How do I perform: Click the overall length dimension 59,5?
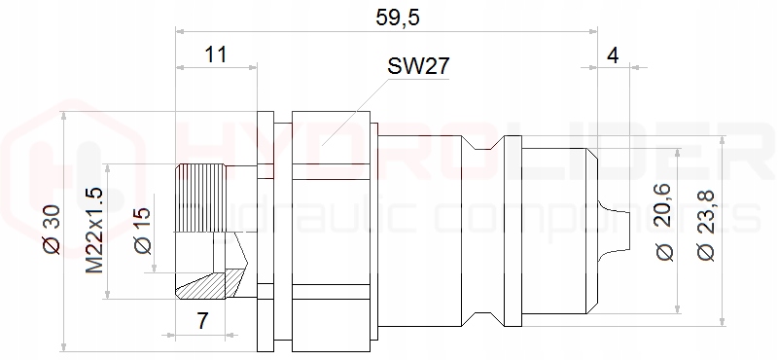(x=398, y=18)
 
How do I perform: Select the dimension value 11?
(x=216, y=54)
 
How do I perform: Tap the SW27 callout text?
(x=418, y=66)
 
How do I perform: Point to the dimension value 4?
(x=614, y=56)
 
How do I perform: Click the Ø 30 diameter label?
(x=53, y=229)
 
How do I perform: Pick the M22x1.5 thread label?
(x=94, y=231)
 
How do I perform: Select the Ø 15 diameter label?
(x=143, y=231)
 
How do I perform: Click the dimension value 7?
(x=202, y=321)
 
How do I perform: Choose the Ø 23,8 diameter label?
(x=705, y=225)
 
